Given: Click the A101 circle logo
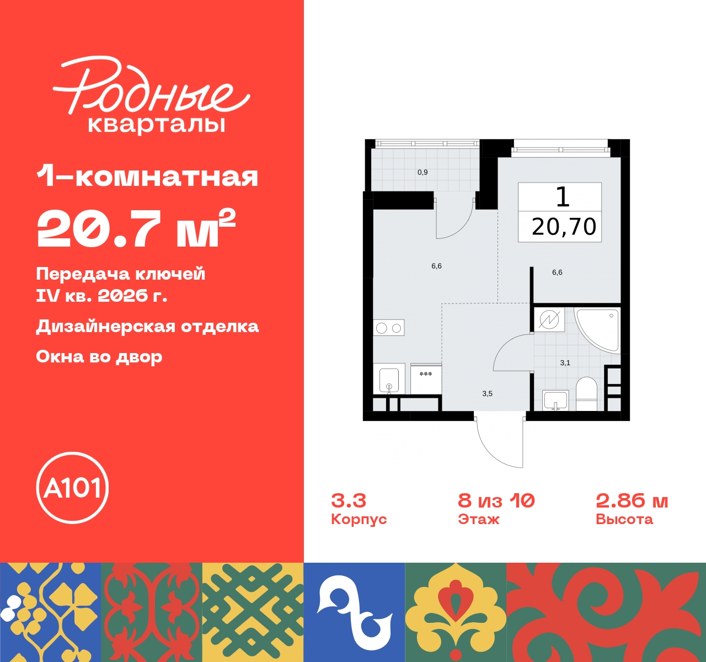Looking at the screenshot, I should (x=72, y=488).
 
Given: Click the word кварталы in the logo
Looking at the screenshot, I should (x=157, y=125).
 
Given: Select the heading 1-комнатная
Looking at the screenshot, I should (x=147, y=177).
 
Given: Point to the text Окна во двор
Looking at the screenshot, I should (x=99, y=357).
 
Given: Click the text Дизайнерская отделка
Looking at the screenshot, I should (x=147, y=327).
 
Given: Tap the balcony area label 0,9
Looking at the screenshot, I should (x=422, y=173).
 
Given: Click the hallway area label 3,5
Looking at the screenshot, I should (x=487, y=394).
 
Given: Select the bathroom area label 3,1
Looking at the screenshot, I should (x=565, y=363).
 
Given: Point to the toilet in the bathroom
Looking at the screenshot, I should (x=586, y=393).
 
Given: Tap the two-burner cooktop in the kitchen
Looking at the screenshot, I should (x=389, y=328).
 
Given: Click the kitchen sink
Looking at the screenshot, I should (x=389, y=379).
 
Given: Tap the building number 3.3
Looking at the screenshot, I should (x=349, y=500).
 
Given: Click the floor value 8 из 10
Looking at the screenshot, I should (x=496, y=500).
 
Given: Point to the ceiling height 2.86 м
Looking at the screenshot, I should (x=632, y=500).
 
